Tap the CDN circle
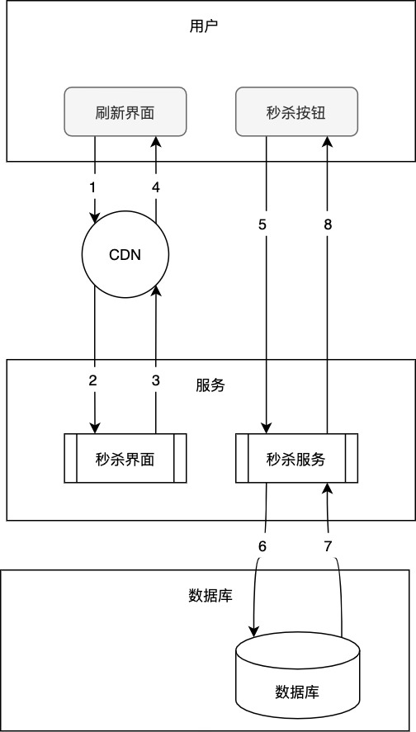pyautogui.click(x=125, y=254)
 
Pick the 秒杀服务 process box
pyautogui.click(x=296, y=459)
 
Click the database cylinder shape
pyautogui.click(x=297, y=677)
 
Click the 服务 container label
pyautogui.click(x=210, y=385)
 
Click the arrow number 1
pyautogui.click(x=93, y=187)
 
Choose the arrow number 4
pyautogui.click(x=155, y=187)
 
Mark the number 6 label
pyautogui.click(x=263, y=546)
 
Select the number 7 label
pyautogui.click(x=328, y=546)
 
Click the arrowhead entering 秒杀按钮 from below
pyautogui.click(x=327, y=142)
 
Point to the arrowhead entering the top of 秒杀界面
pyautogui.click(x=95, y=427)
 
